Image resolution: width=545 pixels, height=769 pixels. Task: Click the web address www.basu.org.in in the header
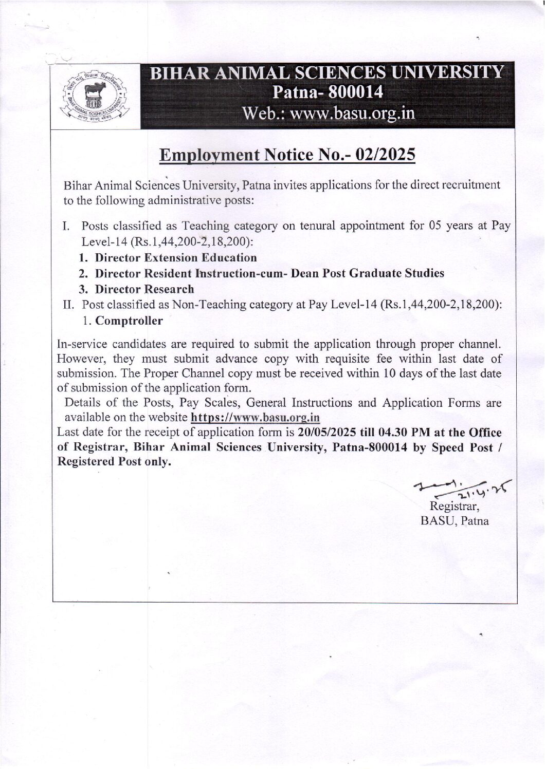(353, 112)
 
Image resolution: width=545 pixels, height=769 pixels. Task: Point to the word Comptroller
(129, 321)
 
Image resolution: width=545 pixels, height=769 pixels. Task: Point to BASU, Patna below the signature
(455, 521)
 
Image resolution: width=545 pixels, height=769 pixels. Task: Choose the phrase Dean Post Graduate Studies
(367, 273)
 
